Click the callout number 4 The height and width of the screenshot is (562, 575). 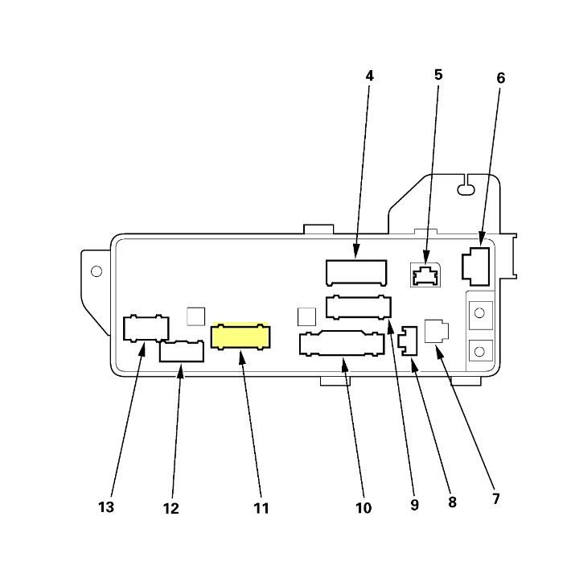(369, 76)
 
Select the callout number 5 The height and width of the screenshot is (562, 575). (438, 75)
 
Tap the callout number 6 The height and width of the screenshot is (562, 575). (500, 78)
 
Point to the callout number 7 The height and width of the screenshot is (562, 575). (496, 498)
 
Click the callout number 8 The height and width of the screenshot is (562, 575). (452, 502)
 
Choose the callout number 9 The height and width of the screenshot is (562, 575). (414, 505)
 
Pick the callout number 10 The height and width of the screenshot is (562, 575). (363, 508)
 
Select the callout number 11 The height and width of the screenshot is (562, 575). (261, 508)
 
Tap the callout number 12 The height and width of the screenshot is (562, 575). (170, 508)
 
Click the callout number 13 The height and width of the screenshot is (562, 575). (106, 507)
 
